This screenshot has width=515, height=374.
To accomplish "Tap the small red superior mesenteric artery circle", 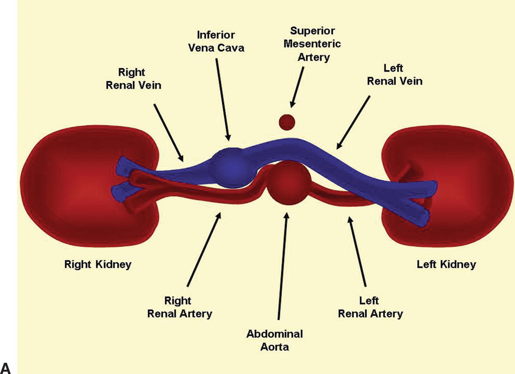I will pos(286,122).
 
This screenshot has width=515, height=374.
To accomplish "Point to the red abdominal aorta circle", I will pos(288,182).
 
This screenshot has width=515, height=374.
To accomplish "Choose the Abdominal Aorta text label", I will pos(274,340).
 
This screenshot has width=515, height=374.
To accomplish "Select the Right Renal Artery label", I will pos(179,307).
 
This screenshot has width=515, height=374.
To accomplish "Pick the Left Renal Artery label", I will pos(370,307).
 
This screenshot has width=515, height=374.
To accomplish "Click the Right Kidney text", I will pos(98,264).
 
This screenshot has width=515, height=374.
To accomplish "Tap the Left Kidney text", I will pos(446,264).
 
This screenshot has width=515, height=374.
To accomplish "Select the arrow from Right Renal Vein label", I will pos(168,132).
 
